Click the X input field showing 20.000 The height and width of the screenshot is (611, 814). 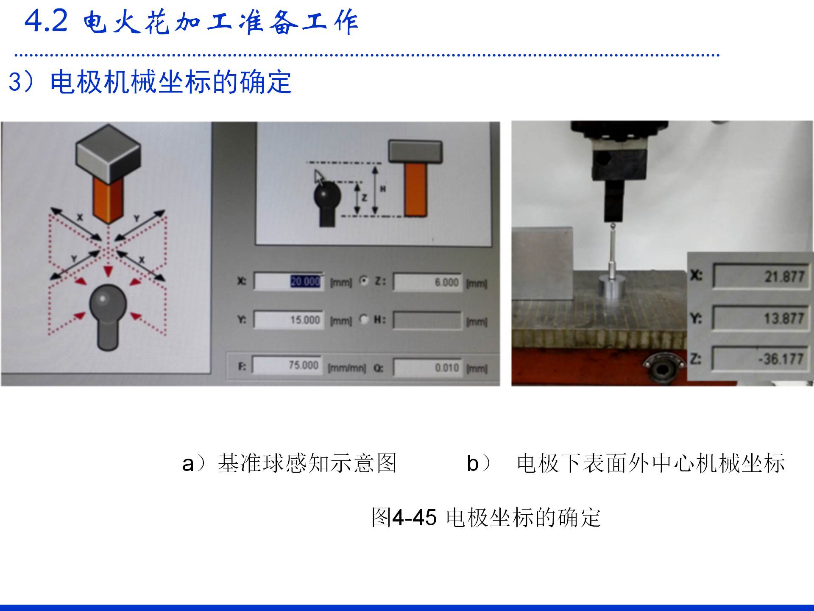[x=289, y=281]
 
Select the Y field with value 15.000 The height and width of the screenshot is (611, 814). [x=289, y=320]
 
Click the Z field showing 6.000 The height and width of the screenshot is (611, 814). [x=427, y=282]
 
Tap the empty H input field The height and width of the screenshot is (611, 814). [x=427, y=320]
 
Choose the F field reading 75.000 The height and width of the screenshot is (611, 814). [x=287, y=365]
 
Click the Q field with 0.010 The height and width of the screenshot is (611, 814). [x=427, y=367]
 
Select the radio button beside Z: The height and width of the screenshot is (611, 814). [x=364, y=280]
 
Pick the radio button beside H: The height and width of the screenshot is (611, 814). [x=364, y=319]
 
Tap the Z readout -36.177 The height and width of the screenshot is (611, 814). [x=761, y=359]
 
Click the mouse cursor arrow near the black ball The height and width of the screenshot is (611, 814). [x=319, y=177]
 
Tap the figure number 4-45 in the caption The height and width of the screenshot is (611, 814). [x=414, y=518]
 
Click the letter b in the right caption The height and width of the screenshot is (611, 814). [x=472, y=463]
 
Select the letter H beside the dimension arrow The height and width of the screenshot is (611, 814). [x=383, y=189]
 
